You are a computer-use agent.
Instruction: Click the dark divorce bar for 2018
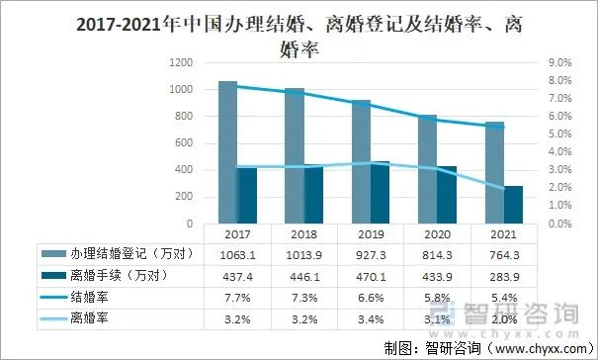click(311, 194)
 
